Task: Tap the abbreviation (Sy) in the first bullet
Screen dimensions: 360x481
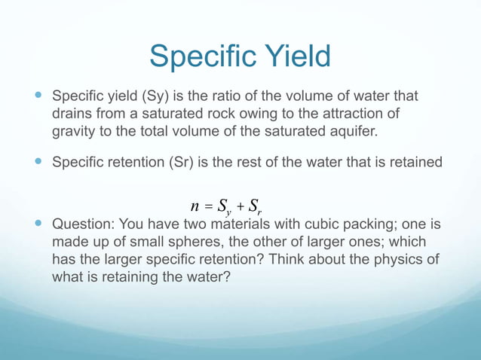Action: click(154, 97)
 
